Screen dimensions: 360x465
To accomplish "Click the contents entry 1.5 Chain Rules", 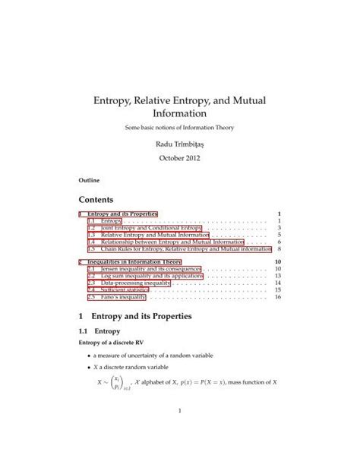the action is [178, 249].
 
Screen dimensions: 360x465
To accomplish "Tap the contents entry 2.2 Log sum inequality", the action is [144, 276].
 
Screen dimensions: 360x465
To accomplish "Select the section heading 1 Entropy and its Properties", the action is [143, 315].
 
